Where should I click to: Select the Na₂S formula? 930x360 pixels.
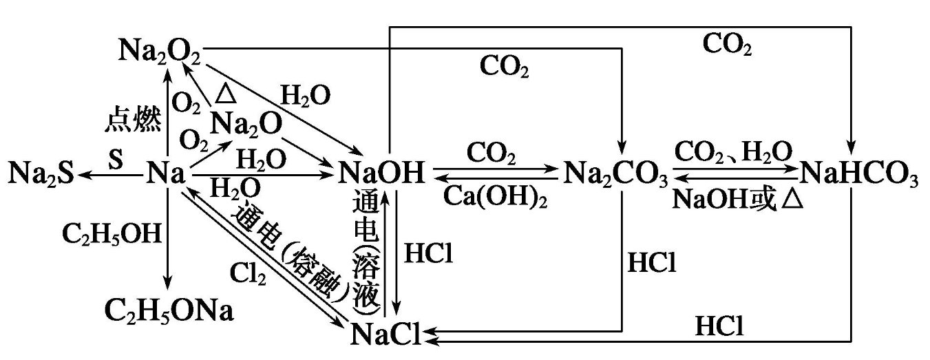[41, 176]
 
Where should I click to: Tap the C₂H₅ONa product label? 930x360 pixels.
[169, 312]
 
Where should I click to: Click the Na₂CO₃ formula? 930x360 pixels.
[617, 176]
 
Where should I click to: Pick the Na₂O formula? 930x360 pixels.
[247, 125]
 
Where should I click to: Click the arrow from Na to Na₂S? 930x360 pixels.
[111, 176]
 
